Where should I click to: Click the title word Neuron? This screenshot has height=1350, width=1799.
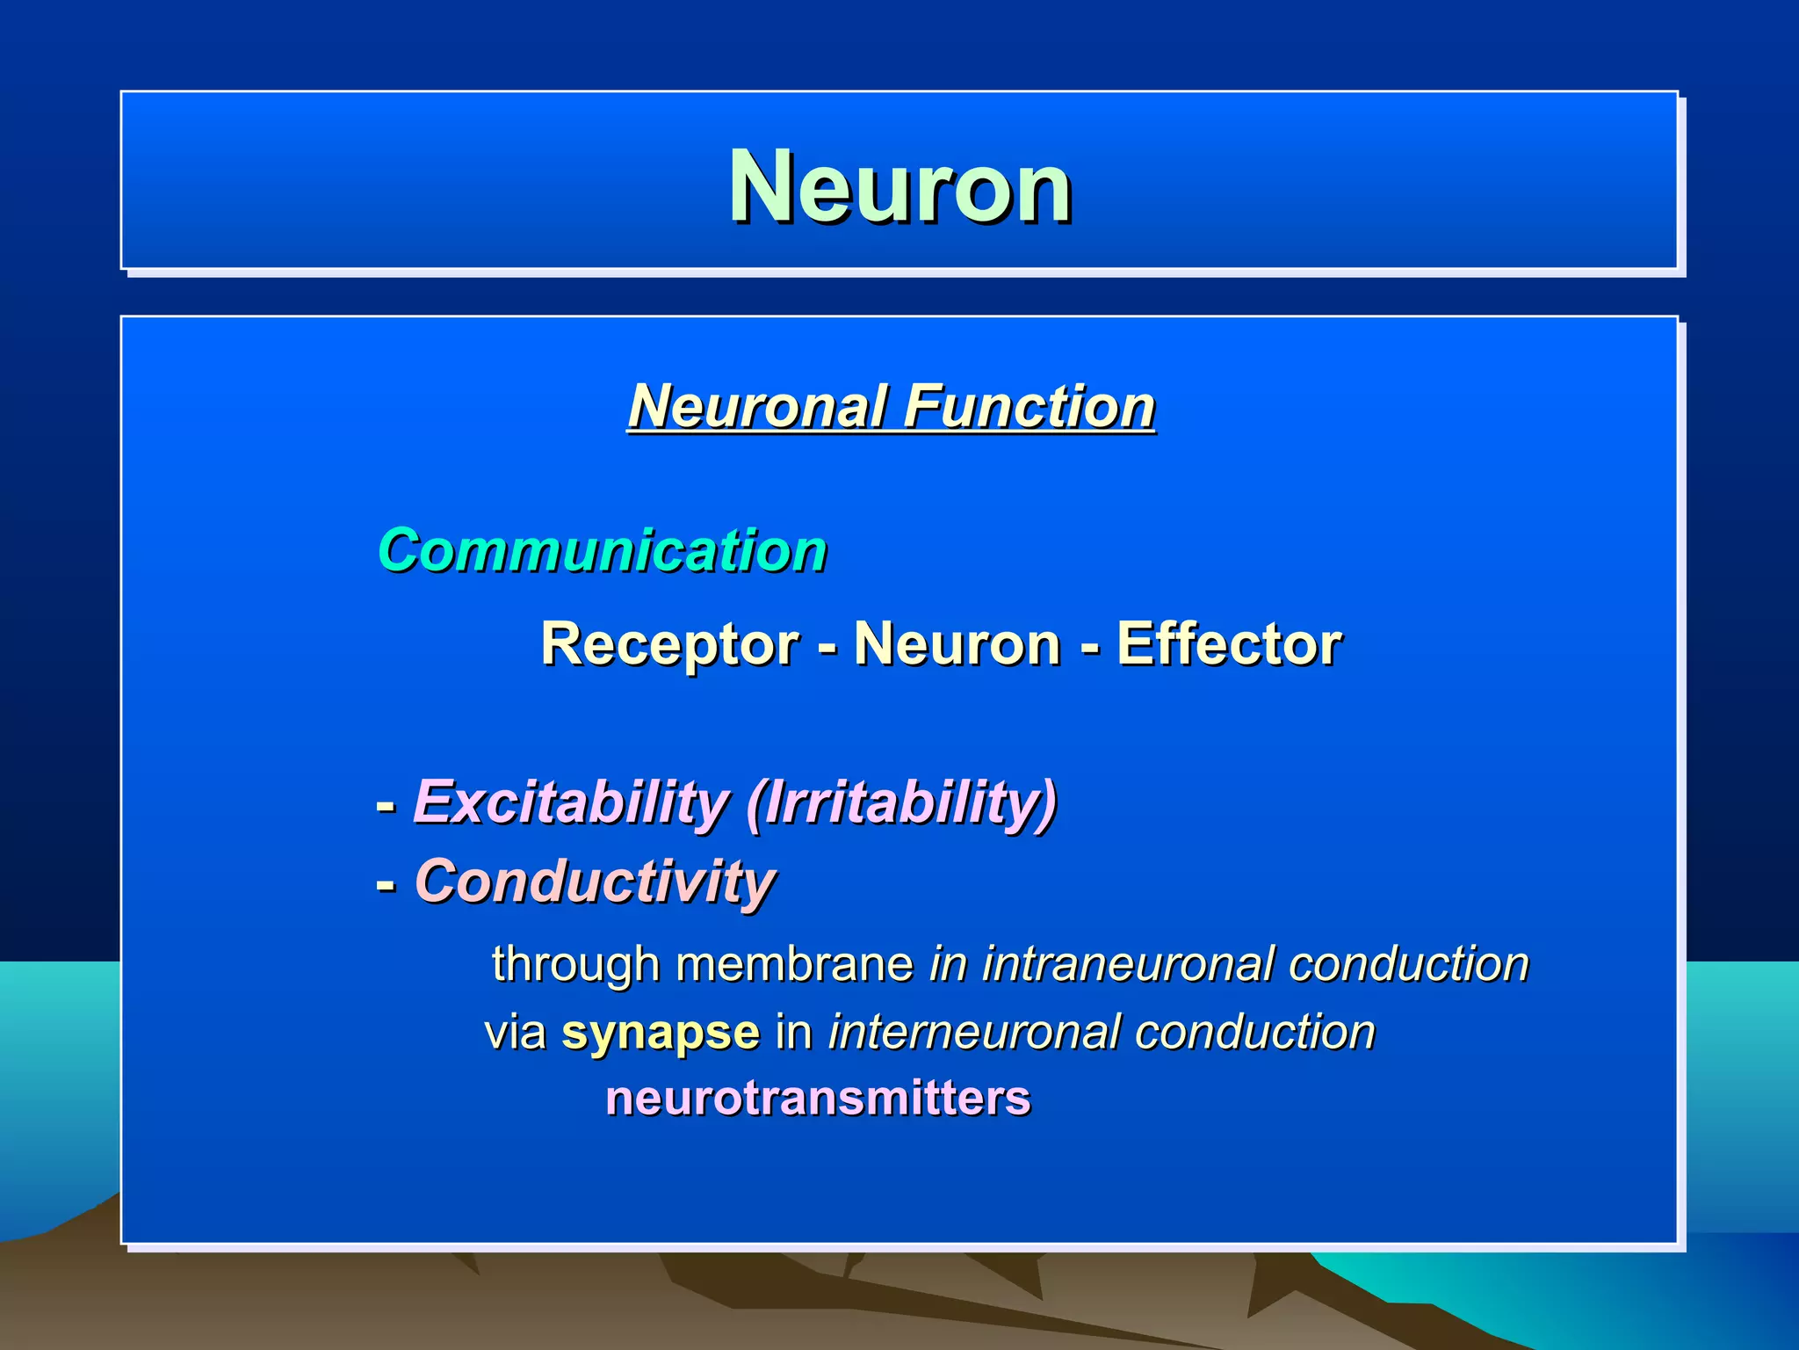pyautogui.click(x=899, y=187)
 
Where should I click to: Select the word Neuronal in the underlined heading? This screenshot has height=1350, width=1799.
pyautogui.click(x=756, y=407)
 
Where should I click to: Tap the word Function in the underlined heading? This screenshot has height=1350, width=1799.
pyautogui.click(x=1029, y=407)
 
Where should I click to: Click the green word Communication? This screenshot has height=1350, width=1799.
pyautogui.click(x=603, y=551)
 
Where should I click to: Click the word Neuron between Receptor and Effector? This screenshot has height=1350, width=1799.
pyautogui.click(x=957, y=644)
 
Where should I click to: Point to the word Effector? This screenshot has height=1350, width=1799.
pyautogui.click(x=1229, y=644)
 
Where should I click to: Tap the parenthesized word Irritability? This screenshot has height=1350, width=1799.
pyautogui.click(x=902, y=802)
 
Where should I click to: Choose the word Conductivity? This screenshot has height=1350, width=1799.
pyautogui.click(x=595, y=882)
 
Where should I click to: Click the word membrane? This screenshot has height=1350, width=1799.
pyautogui.click(x=794, y=964)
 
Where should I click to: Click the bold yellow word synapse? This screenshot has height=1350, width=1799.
pyautogui.click(x=661, y=1033)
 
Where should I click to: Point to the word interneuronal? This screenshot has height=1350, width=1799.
pyautogui.click(x=973, y=1032)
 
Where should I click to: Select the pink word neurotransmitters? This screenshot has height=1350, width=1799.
pyautogui.click(x=818, y=1099)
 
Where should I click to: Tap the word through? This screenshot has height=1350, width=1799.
pyautogui.click(x=575, y=964)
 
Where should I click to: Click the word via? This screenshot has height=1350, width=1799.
pyautogui.click(x=516, y=1033)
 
